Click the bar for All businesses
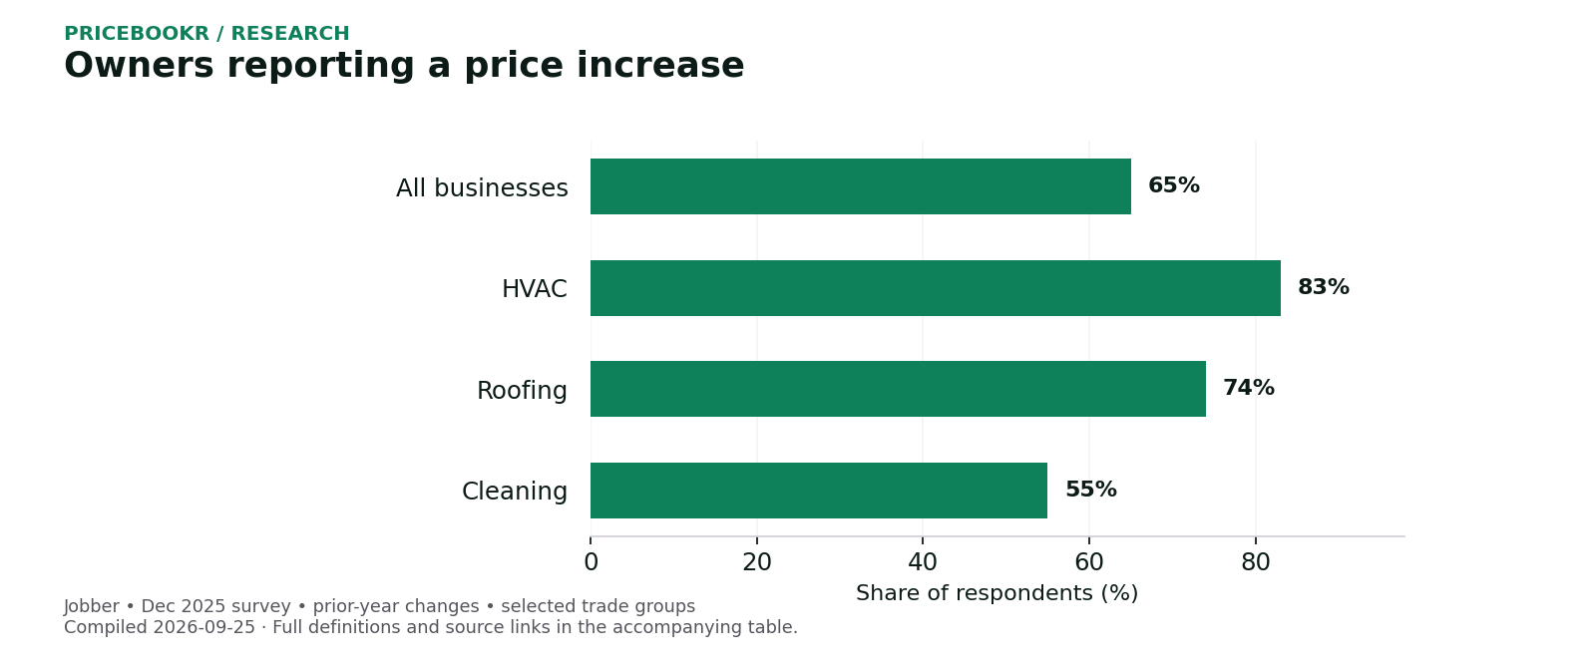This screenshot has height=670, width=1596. pos(861,186)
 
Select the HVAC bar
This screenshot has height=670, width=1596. pos(936,288)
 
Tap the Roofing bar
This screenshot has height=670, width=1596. pos(899,390)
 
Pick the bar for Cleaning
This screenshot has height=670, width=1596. pos(819,491)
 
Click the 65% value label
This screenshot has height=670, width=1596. pos(1174,185)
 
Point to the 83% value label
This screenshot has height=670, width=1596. pos(1324,288)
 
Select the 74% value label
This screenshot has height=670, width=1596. pos(1249,388)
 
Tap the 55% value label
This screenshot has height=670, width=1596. pos(1091,490)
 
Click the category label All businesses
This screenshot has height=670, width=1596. pos(483,188)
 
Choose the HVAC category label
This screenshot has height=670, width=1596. pos(535,289)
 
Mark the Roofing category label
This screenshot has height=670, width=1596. pos(523,391)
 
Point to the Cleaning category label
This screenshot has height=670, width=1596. pos(515,492)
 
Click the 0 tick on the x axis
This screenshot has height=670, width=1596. pos(591,562)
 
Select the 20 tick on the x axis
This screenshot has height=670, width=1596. pos(757,562)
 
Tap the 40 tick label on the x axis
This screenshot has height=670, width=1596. pos(923,562)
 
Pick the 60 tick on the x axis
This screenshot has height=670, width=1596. pos(1089,562)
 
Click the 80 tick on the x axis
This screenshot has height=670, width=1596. pos(1256,562)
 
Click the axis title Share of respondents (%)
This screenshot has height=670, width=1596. pos(997,593)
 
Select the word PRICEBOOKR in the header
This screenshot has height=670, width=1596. pos(137,34)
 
